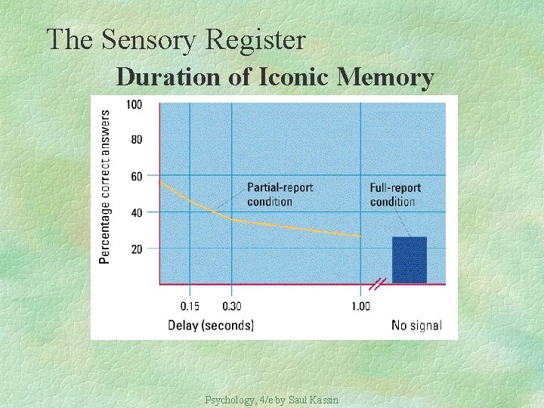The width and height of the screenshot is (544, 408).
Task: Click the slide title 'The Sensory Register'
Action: (175, 39)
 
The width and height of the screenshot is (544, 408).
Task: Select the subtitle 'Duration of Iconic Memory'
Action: (275, 76)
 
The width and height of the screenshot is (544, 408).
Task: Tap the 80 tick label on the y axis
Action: (135, 140)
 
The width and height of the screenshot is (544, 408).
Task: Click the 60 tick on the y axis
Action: (135, 176)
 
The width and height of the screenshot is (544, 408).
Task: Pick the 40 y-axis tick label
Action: (135, 212)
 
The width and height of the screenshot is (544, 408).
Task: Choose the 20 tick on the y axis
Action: (135, 249)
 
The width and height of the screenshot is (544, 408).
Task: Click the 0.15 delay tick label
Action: (190, 306)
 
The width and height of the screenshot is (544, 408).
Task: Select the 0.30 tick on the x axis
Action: (232, 306)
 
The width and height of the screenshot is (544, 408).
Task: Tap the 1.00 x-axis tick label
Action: (360, 306)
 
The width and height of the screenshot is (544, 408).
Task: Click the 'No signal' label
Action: (416, 326)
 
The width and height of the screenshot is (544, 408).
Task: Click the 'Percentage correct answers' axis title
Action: (104, 187)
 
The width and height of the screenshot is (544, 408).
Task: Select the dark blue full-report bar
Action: (410, 260)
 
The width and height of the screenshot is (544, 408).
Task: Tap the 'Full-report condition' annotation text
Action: (395, 194)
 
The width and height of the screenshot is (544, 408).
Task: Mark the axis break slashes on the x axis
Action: (379, 285)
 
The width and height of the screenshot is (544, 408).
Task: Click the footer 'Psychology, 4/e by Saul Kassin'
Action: (271, 399)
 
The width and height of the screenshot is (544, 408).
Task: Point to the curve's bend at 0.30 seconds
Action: (232, 219)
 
